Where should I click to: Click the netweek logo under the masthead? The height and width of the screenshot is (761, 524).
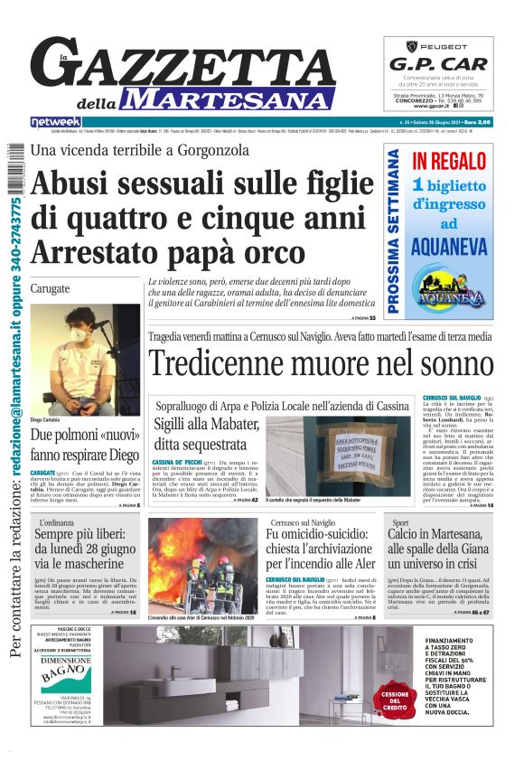coord(56,122)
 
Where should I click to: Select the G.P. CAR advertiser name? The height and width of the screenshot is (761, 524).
coord(438,64)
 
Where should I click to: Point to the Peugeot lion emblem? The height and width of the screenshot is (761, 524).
coord(403,45)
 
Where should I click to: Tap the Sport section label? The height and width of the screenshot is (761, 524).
coord(401,522)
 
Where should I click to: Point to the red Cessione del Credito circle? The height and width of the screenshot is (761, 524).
coord(395,700)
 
